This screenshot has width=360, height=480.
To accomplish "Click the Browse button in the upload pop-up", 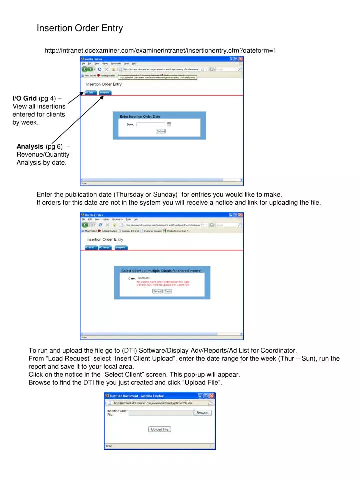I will coord(203,413).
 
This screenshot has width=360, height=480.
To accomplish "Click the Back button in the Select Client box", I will coord(168,291).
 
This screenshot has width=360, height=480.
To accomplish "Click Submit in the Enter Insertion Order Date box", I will coord(161,131).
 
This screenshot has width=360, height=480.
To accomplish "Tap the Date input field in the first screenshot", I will coord(150,124).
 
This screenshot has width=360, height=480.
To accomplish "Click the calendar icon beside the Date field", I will coord(169,124).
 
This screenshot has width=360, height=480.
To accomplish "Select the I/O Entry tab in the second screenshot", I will coord(104,247).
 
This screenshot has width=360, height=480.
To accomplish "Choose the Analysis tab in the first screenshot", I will coord(105,93).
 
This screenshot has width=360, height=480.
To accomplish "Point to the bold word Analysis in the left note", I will coord(30,147).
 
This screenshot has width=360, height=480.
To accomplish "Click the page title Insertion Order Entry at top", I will coord(80,28).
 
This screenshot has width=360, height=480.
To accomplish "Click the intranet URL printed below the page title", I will coord(160,50).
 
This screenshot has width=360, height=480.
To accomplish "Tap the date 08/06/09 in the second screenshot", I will coord(144,278).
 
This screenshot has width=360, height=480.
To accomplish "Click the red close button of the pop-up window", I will coord(212,395).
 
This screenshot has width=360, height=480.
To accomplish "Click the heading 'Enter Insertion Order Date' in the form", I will coord(140,116).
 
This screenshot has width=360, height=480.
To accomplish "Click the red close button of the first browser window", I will coord(240,58).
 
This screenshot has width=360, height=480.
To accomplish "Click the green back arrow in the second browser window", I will coord(86,225).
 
